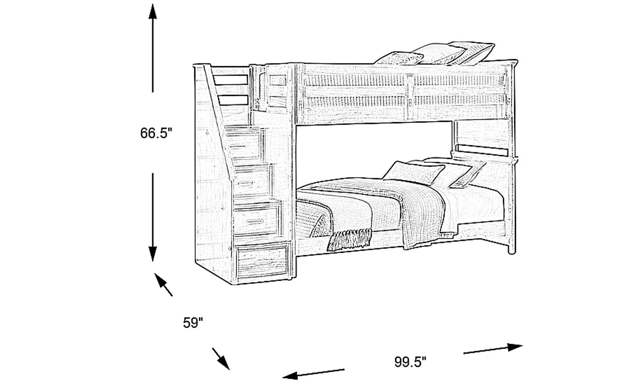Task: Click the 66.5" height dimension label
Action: click(x=156, y=133)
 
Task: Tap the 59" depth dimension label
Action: click(x=193, y=322)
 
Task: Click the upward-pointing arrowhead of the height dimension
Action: click(x=153, y=11)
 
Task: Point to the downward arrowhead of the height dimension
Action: click(x=153, y=254)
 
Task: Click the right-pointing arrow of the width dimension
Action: click(x=493, y=349)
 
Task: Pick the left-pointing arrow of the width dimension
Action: click(x=313, y=374)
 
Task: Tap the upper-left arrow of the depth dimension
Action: click(x=163, y=284)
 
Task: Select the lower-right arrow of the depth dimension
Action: click(x=221, y=359)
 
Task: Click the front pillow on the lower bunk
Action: click(x=413, y=172)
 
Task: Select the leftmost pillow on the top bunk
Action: click(x=399, y=59)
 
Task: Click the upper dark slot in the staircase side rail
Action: click(x=231, y=80)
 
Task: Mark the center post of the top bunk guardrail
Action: click(x=410, y=97)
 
